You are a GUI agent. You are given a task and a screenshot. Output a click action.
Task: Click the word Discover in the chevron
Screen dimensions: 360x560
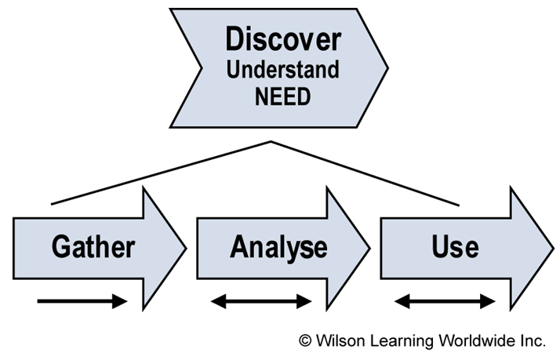pyautogui.click(x=283, y=39)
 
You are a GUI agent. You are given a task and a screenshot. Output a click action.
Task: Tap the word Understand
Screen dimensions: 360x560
pyautogui.click(x=283, y=70)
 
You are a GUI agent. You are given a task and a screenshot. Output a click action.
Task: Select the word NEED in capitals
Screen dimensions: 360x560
pyautogui.click(x=283, y=97)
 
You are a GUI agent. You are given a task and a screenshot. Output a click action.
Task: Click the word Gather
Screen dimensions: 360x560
pyautogui.click(x=93, y=247)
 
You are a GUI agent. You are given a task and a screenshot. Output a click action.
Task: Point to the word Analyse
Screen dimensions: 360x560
pyautogui.click(x=278, y=247)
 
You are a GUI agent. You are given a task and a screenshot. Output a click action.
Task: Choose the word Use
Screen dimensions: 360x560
pyautogui.click(x=455, y=247)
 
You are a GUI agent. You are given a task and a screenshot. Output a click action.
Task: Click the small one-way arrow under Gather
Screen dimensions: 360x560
pyautogui.click(x=82, y=301)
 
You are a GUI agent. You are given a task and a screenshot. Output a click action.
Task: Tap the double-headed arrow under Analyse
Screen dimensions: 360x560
pyautogui.click(x=262, y=301)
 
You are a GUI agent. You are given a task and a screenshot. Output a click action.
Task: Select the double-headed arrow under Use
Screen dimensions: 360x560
pyautogui.click(x=445, y=301)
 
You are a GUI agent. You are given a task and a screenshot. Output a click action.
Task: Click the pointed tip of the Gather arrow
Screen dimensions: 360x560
pyautogui.click(x=186, y=248)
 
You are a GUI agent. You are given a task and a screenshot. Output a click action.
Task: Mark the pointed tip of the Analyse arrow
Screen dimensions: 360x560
pyautogui.click(x=369, y=248)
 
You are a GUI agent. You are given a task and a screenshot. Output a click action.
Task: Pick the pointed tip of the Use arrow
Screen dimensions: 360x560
pyautogui.click(x=553, y=248)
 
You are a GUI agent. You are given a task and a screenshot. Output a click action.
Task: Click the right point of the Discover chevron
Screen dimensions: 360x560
pyautogui.click(x=387, y=67)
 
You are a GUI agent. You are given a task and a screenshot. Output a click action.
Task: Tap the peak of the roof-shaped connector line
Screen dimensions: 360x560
pyautogui.click(x=271, y=142)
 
